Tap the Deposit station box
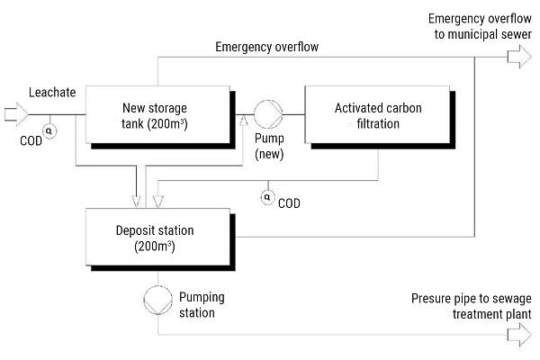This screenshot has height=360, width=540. tap(158, 236)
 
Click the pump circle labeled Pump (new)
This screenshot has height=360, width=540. tap(267, 115)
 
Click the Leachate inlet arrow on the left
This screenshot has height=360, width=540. tap(17, 113)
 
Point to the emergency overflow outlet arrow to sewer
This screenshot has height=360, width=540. tap(520, 58)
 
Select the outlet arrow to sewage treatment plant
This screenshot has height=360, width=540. tap(520, 336)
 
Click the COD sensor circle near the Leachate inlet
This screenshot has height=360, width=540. tap(49, 130)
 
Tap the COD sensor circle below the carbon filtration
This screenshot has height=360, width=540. tap(266, 194)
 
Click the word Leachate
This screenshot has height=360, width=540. tap(51, 92)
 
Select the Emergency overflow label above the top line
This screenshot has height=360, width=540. tap(266, 46)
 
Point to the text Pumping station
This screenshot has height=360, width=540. tap(202, 304)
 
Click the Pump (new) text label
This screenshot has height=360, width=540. tap(270, 147)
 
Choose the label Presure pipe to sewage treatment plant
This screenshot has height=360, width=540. tap(472, 306)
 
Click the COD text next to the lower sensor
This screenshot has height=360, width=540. tap(290, 203)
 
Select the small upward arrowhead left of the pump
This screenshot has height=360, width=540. tap(244, 118)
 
